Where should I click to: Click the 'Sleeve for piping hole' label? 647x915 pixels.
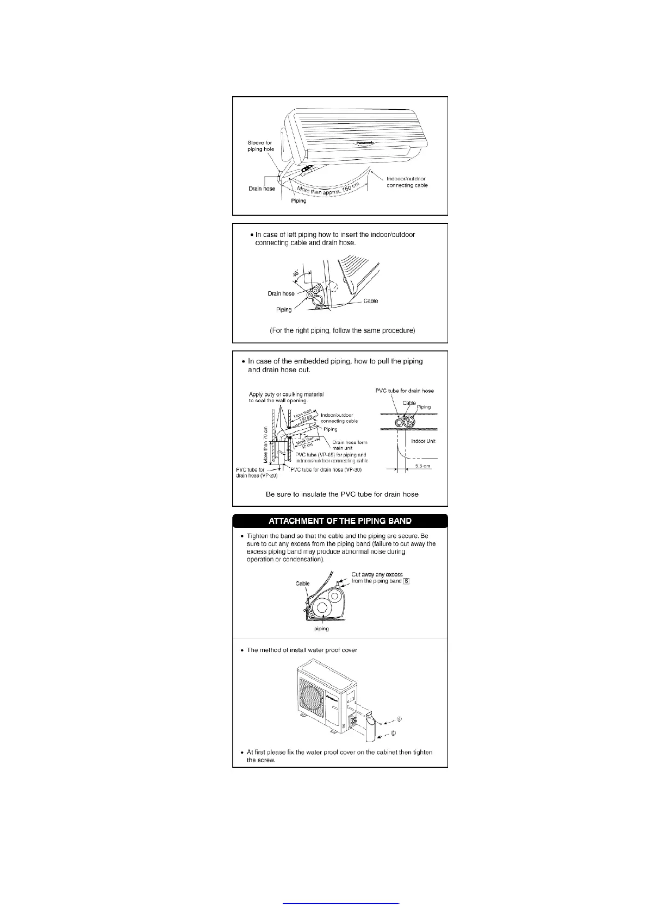tap(261, 146)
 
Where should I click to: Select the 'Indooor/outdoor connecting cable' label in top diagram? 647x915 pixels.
tap(407, 182)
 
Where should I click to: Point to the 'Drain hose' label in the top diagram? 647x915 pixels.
tap(262, 189)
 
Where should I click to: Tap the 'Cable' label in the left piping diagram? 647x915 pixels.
tap(371, 300)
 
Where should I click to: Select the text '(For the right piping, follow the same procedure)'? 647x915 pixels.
tap(343, 330)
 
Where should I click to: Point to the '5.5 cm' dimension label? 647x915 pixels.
tap(422, 466)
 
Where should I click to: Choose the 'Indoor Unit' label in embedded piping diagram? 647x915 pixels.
tap(424, 441)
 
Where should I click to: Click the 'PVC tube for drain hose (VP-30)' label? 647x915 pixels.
tap(326, 469)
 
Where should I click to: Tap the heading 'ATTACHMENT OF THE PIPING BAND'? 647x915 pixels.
tap(340, 521)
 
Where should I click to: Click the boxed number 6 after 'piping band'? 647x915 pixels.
tap(406, 581)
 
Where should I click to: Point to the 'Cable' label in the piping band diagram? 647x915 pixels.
tap(302, 584)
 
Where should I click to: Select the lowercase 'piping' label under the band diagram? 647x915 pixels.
tap(321, 629)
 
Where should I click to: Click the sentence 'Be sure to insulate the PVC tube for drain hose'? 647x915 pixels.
tap(342, 494)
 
